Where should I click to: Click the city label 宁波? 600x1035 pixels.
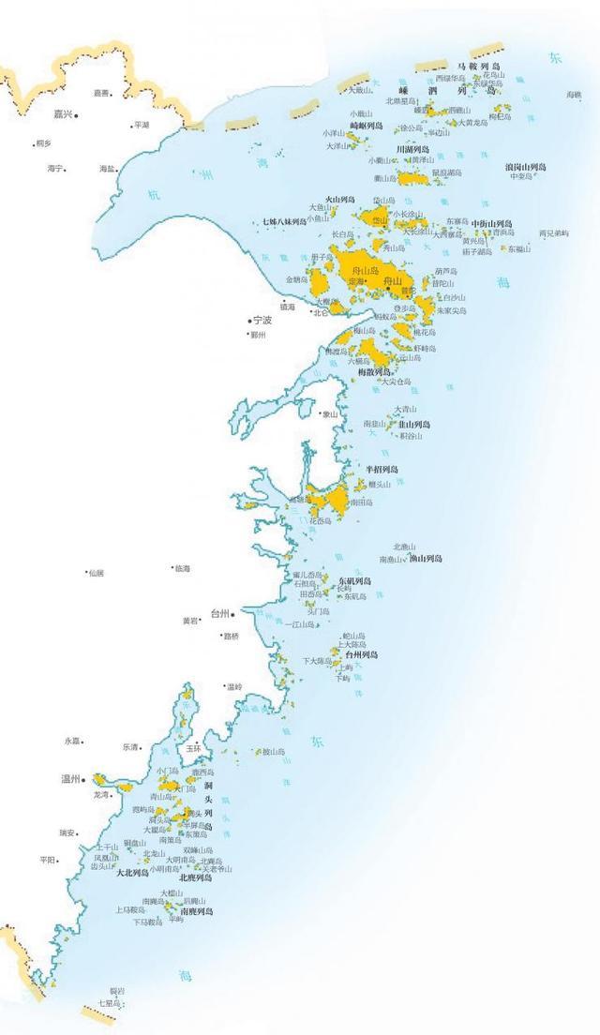(x=262, y=321)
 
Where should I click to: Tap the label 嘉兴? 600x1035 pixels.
(x=62, y=114)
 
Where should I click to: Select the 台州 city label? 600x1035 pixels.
(x=219, y=614)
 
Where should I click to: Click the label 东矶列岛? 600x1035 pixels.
(x=354, y=581)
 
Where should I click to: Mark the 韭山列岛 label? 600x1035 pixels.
(x=414, y=424)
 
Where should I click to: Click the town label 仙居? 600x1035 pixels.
(x=97, y=573)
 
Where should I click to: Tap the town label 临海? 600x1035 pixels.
(x=182, y=568)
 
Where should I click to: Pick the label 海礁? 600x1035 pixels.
(x=574, y=95)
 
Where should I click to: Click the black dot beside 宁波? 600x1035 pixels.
(x=249, y=321)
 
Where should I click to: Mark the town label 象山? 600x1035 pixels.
(x=329, y=413)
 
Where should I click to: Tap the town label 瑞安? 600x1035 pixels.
(x=67, y=832)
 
